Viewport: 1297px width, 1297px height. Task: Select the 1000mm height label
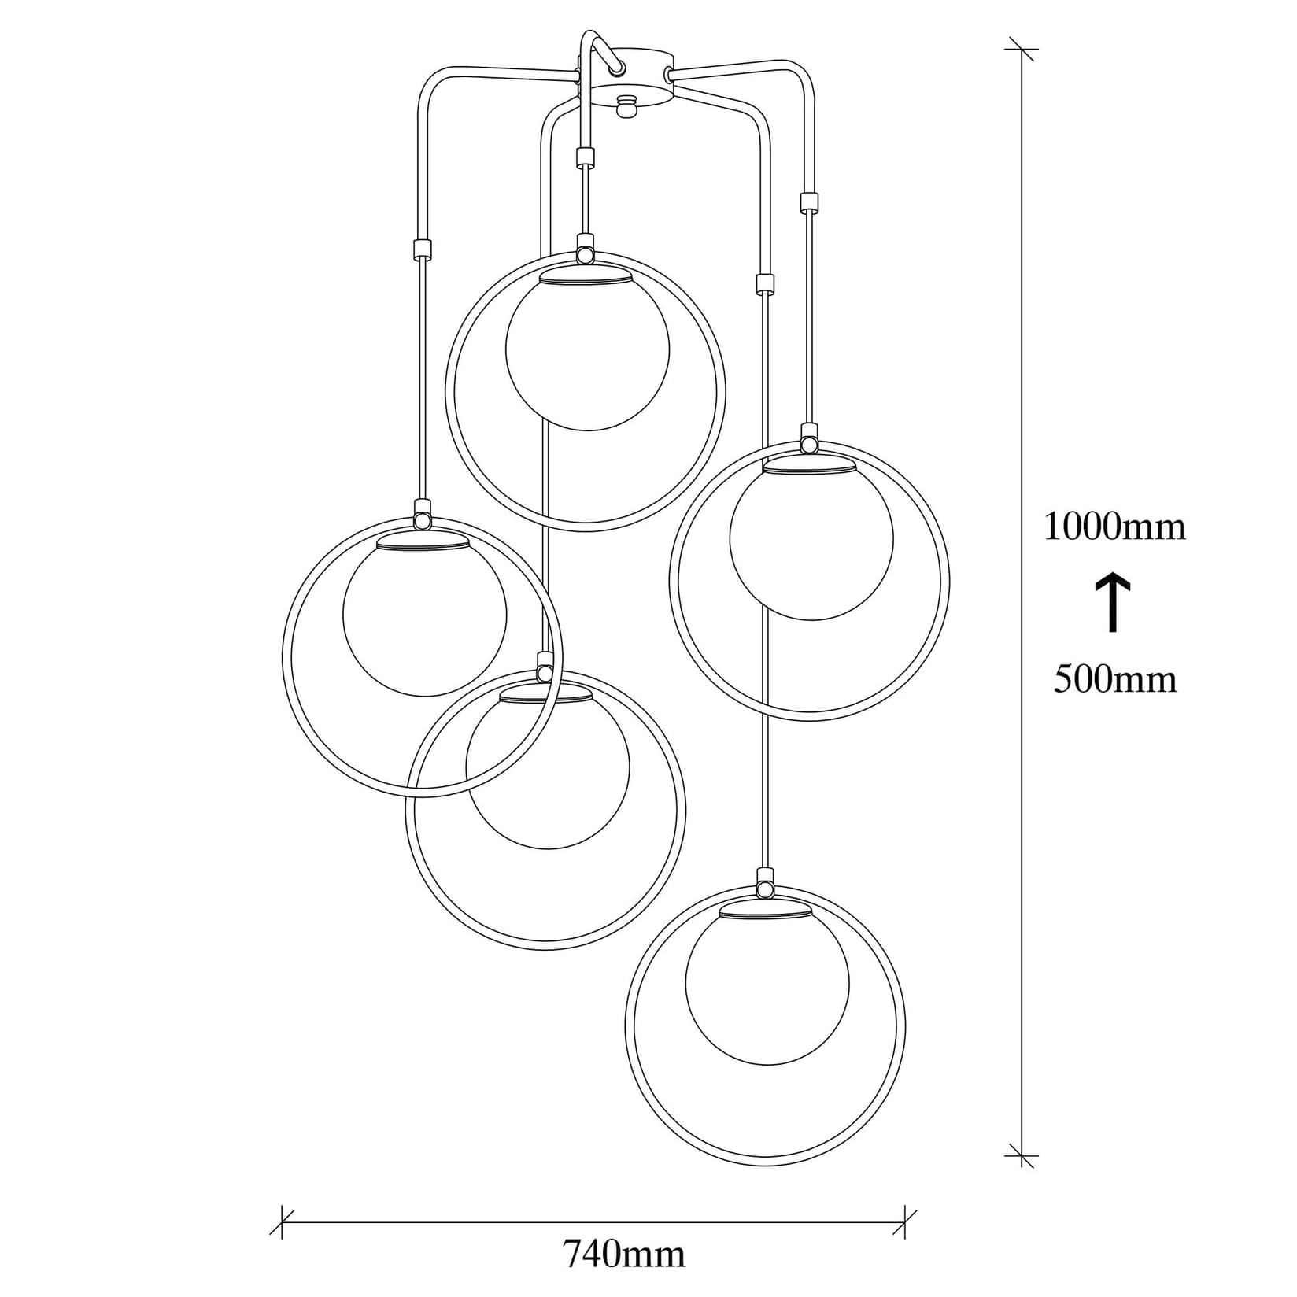pyautogui.click(x=1114, y=527)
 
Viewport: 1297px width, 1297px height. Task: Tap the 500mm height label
pyautogui.click(x=1115, y=678)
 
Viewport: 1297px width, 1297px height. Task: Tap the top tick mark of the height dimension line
pyautogui.click(x=1022, y=49)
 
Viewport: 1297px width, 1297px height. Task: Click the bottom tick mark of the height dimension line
pyautogui.click(x=1022, y=1156)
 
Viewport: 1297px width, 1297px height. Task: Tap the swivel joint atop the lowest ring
pyautogui.click(x=763, y=889)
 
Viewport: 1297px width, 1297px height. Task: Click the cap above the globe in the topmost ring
pyautogui.click(x=586, y=275)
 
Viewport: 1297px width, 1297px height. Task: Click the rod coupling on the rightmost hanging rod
pyautogui.click(x=807, y=203)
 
